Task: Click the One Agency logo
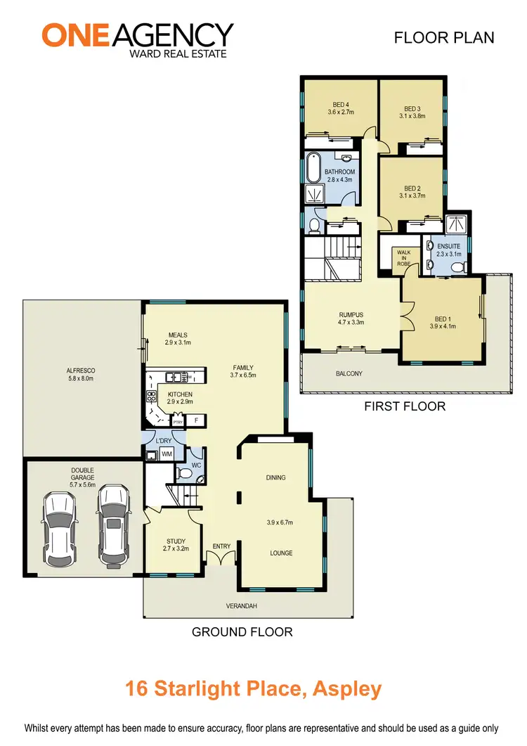pos(137,39)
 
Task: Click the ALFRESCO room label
pos(81,373)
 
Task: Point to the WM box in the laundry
pos(167,455)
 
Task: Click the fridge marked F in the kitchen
pos(196,420)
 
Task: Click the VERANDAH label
pos(242,605)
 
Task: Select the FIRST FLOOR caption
pos(404,406)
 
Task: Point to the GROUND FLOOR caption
pos(242,632)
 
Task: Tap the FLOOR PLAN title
pos(443,37)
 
